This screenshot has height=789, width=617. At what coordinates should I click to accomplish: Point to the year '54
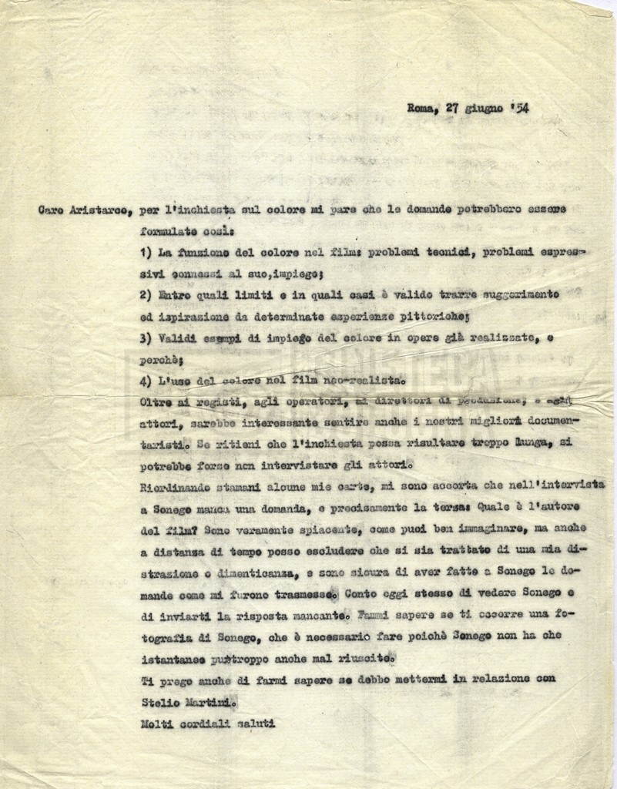click(x=519, y=108)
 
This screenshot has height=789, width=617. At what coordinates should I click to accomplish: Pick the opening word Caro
click(x=52, y=212)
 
